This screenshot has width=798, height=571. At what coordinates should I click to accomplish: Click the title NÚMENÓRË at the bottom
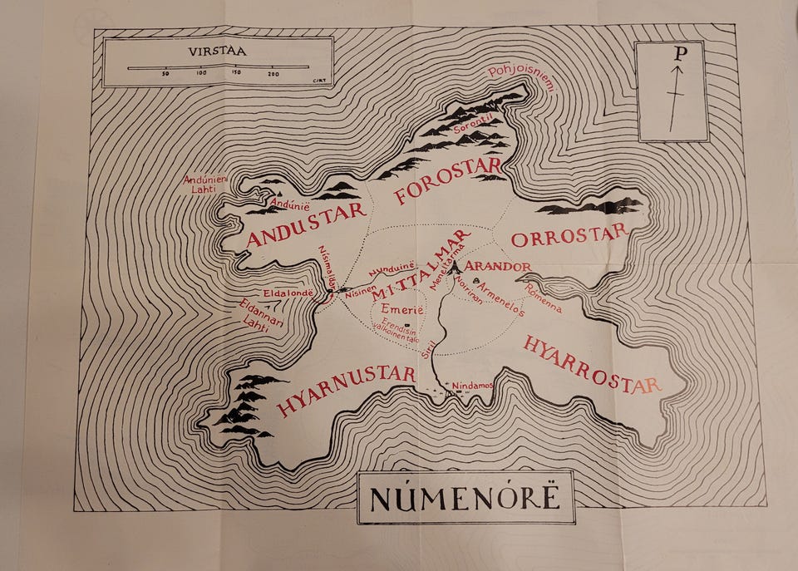tap(465, 499)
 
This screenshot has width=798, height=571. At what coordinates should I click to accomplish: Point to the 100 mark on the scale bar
tap(201, 74)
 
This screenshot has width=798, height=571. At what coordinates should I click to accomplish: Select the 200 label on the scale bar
tap(273, 74)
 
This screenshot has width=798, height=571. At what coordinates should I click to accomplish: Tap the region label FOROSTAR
tap(448, 180)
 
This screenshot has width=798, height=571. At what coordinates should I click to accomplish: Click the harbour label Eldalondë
tap(287, 293)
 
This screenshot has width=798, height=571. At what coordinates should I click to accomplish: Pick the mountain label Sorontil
tap(473, 126)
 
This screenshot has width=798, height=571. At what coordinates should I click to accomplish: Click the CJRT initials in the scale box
tap(317, 81)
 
